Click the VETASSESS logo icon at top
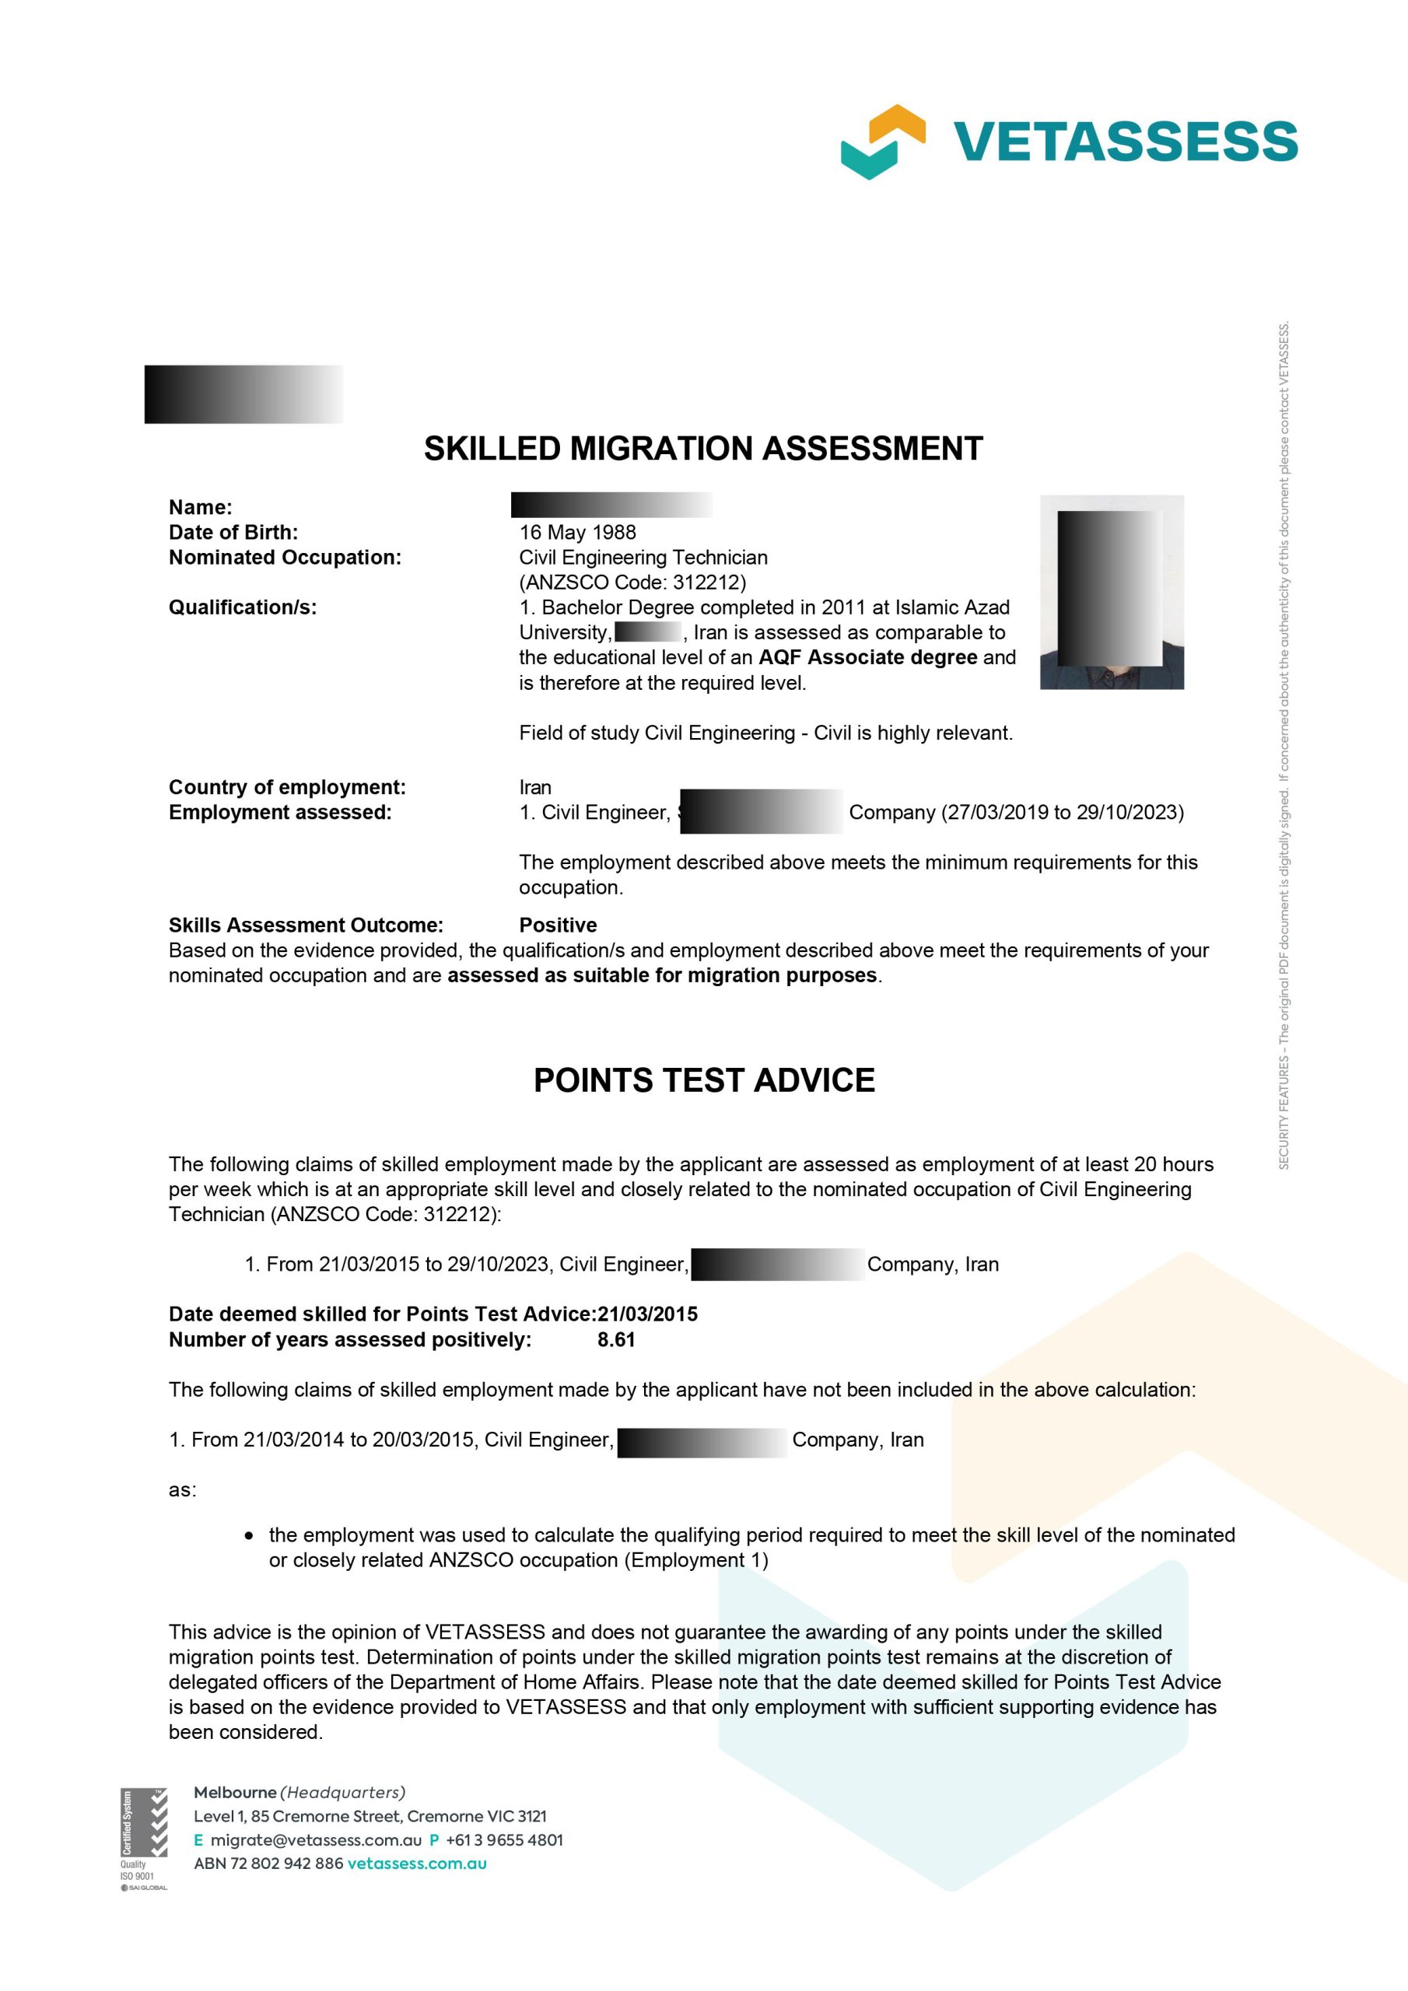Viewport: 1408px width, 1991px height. [x=882, y=142]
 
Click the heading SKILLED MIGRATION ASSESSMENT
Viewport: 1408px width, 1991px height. [x=702, y=448]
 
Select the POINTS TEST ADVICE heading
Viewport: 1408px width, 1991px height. [x=703, y=1080]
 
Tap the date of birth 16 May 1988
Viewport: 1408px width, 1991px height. [x=577, y=533]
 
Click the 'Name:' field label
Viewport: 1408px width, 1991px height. [x=201, y=507]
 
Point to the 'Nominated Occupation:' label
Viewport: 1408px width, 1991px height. [x=285, y=558]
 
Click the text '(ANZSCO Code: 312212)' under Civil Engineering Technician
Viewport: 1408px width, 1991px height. [x=632, y=582]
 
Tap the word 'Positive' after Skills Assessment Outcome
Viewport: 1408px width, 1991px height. [x=558, y=926]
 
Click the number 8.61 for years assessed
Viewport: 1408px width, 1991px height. [x=616, y=1340]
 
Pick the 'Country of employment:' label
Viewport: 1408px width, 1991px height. [x=287, y=787]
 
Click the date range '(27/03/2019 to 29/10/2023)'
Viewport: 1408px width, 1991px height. [x=1062, y=813]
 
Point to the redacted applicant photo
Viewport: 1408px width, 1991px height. [x=1112, y=593]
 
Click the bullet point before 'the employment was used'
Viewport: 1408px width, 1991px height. [x=250, y=1536]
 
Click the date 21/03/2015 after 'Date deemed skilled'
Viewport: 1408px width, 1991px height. [x=647, y=1314]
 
